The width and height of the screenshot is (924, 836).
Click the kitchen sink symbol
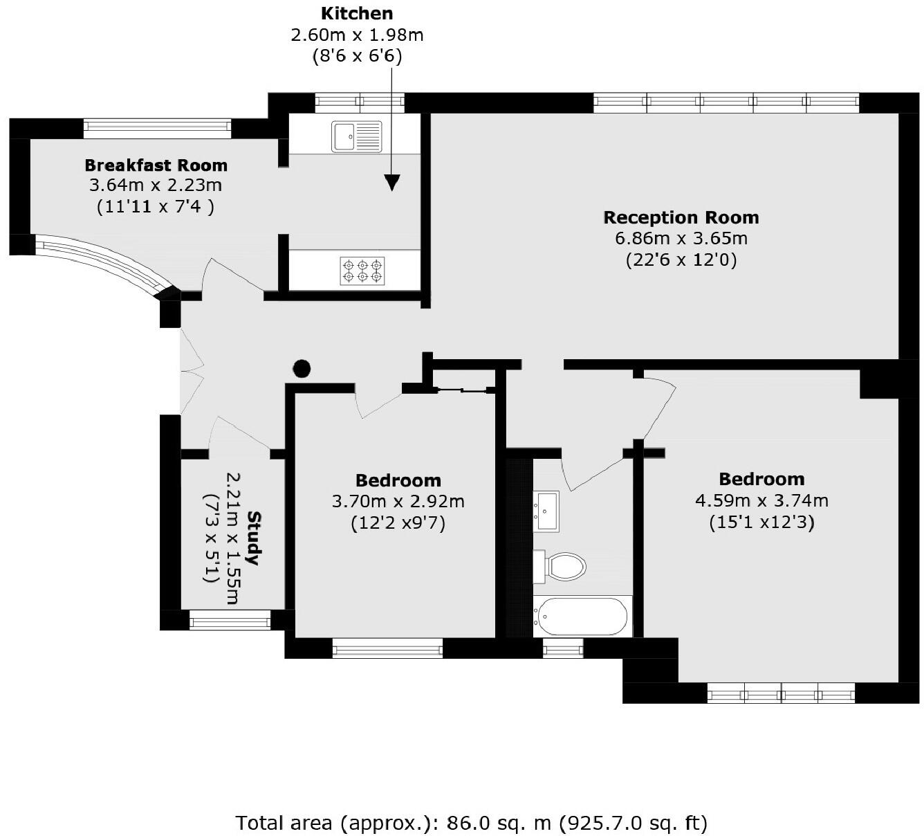click(x=356, y=136)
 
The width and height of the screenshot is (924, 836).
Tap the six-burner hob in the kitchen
click(x=362, y=271)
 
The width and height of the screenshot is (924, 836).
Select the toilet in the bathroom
click(x=560, y=566)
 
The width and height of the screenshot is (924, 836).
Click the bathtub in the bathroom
click(x=582, y=616)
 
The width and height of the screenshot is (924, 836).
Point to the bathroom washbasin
click(x=546, y=511)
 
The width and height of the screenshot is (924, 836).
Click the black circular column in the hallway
click(x=302, y=369)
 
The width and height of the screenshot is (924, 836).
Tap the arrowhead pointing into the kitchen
click(x=392, y=182)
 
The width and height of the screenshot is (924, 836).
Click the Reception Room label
click(x=681, y=217)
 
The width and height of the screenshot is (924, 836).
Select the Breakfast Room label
click(x=156, y=165)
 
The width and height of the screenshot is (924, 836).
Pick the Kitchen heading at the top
click(x=357, y=13)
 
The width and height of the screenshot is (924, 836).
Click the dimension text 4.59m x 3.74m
click(x=761, y=500)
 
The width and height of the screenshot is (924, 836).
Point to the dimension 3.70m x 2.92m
click(x=398, y=501)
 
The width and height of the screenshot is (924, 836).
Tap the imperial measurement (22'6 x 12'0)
click(x=681, y=260)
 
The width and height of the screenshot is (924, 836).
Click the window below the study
click(x=230, y=621)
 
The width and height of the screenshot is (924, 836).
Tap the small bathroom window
click(x=563, y=648)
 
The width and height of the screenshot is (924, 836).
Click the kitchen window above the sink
click(x=360, y=103)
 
